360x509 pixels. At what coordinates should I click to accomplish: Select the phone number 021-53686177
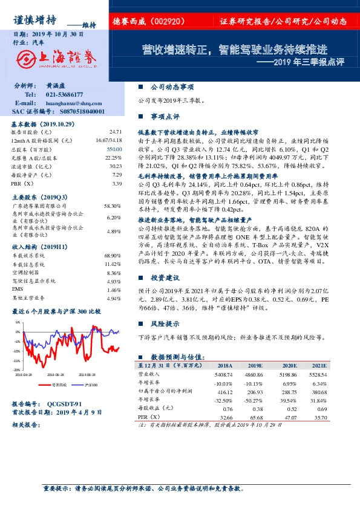[66, 95]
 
